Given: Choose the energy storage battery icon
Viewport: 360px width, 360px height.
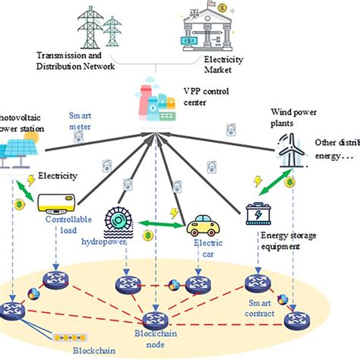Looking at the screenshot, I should tap(264, 216).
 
